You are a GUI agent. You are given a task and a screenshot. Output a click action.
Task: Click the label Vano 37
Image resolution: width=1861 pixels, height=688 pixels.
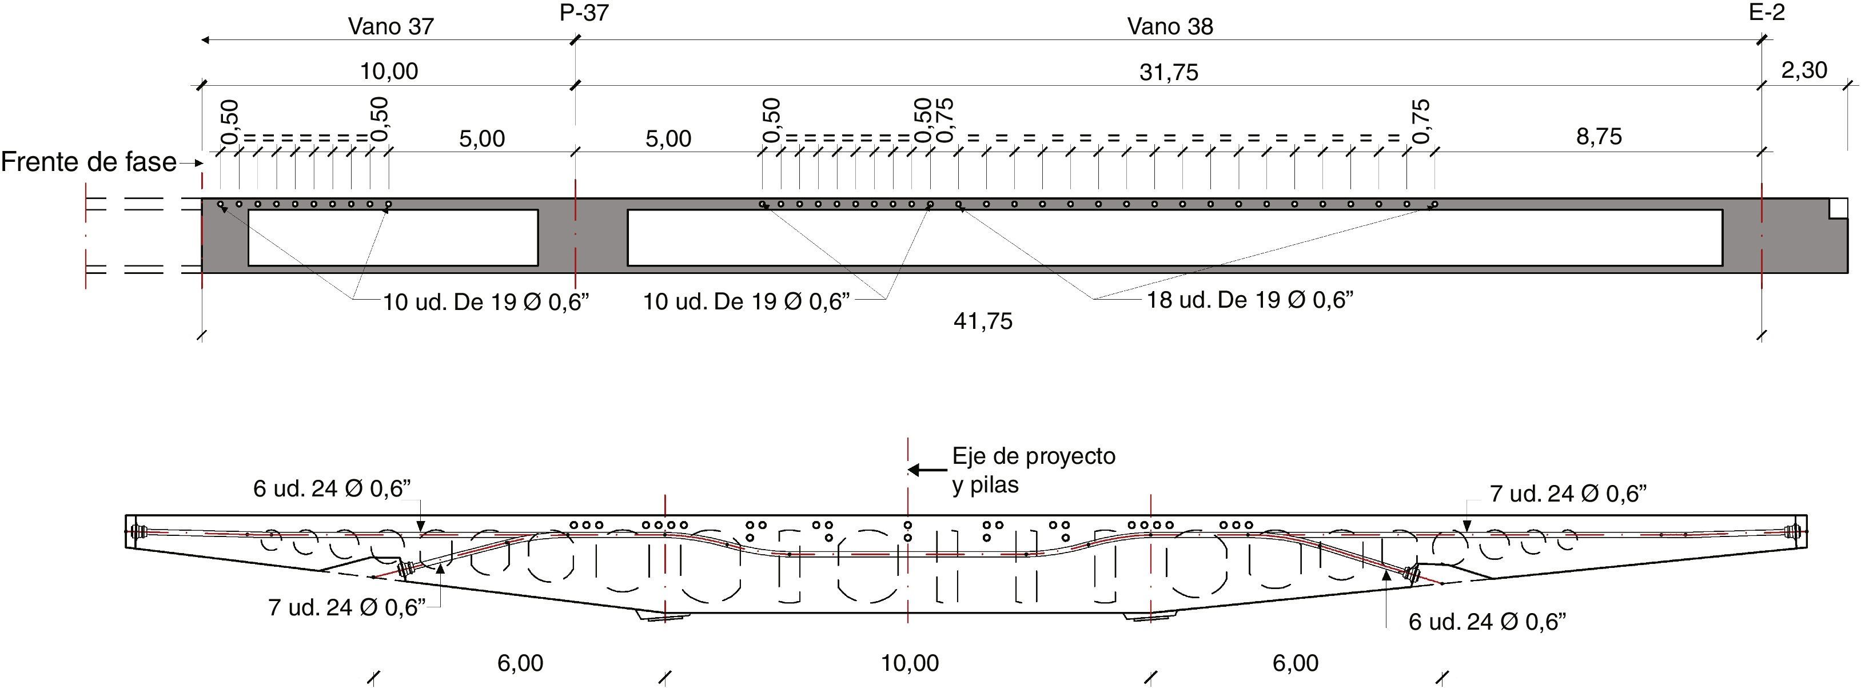[391, 27]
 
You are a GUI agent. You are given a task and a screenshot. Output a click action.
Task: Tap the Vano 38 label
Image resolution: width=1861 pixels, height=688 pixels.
[1170, 27]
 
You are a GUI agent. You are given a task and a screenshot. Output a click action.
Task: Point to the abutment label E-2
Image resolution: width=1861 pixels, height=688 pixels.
[1767, 11]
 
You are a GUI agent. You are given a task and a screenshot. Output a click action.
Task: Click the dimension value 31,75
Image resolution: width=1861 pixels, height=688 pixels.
[1169, 72]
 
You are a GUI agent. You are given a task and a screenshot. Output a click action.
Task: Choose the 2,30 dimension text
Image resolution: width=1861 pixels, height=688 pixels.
[1804, 70]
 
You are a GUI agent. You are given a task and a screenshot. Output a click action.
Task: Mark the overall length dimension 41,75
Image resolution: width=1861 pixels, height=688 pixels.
[983, 321]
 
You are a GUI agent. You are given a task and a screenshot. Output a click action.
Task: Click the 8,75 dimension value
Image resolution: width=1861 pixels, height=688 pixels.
[1599, 137]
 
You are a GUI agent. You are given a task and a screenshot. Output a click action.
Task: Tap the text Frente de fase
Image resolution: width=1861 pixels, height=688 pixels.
[88, 162]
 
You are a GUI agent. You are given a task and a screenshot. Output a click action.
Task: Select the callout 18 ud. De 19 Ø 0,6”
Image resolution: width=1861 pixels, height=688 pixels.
[1250, 299]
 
